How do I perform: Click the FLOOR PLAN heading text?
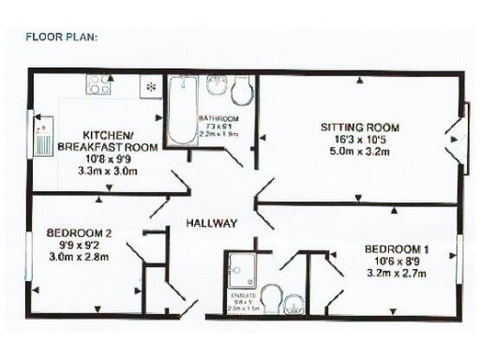(62, 37)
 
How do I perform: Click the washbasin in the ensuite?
(293, 302)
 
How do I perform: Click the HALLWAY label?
(211, 223)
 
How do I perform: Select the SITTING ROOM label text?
(361, 127)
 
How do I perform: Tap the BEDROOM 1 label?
(397, 248)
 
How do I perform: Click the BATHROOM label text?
(220, 118)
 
